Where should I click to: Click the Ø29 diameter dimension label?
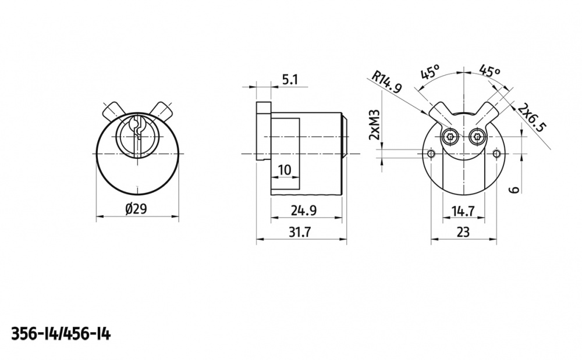pyautogui.click(x=136, y=209)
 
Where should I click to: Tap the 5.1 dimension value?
pyautogui.click(x=290, y=80)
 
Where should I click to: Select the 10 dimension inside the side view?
pyautogui.click(x=285, y=170)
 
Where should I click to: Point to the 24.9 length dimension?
pyautogui.click(x=304, y=210)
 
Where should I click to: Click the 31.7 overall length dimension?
pyautogui.click(x=300, y=232)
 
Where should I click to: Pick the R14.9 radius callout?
pyautogui.click(x=387, y=82)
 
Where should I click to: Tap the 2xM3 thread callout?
pyautogui.click(x=374, y=124)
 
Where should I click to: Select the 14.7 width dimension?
pyautogui.click(x=463, y=211)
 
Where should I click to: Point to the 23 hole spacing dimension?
pyautogui.click(x=463, y=232)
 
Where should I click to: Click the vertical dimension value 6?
pyautogui.click(x=514, y=190)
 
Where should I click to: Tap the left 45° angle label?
pyautogui.click(x=430, y=72)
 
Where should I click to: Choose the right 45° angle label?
pyautogui.click(x=489, y=71)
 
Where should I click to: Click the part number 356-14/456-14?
pyautogui.click(x=61, y=334)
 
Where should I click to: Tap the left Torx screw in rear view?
pyautogui.click(x=450, y=138)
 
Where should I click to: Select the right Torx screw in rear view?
pyautogui.click(x=477, y=138)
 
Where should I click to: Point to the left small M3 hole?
pyautogui.click(x=431, y=154)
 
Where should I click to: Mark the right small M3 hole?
pyautogui.click(x=496, y=154)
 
